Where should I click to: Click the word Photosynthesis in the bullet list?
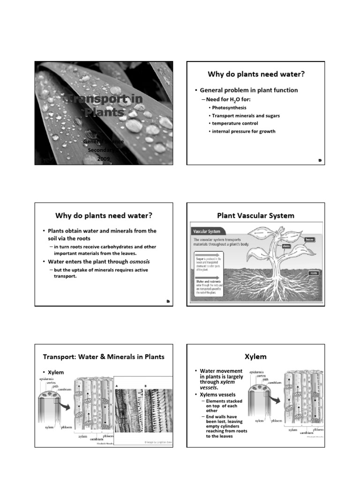229,107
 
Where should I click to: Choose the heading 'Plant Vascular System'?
255,216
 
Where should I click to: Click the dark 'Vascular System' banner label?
207,231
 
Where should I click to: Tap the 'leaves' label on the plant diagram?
309,239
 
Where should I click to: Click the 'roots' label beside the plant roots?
313,272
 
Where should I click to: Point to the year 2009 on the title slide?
103,159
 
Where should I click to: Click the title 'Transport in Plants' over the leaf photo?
103,106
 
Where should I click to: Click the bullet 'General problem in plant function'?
249,90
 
